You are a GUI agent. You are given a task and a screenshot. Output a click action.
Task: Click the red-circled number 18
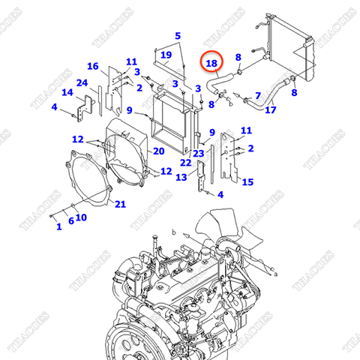click(212, 65)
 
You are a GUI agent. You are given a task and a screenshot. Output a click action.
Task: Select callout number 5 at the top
click(178, 36)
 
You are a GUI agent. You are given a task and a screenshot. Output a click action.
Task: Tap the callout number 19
click(166, 55)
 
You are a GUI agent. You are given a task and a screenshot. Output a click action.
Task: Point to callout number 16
click(93, 67)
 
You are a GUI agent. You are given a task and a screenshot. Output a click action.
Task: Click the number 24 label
click(82, 82)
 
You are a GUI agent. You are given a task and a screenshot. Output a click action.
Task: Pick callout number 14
click(67, 93)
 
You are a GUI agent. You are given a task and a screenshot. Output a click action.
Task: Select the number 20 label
click(159, 151)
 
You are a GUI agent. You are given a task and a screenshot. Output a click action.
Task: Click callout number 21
click(120, 204)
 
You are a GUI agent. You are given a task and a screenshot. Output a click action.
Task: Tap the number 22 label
click(184, 163)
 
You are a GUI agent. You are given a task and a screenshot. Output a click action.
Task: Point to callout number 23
click(198, 154)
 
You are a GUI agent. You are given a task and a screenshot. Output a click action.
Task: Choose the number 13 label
click(181, 177)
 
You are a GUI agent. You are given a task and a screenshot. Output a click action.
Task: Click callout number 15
click(247, 181)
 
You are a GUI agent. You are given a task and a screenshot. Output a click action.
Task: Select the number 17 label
click(271, 110)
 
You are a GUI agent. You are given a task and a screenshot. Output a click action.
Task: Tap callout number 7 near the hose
click(257, 95)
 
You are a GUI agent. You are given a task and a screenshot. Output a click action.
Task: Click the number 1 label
click(58, 226)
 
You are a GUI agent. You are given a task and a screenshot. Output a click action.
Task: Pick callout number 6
click(70, 220)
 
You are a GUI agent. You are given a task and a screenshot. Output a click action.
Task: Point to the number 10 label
click(81, 217)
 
